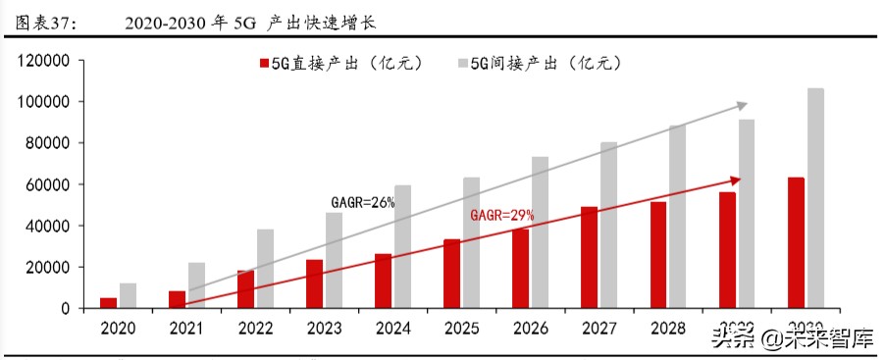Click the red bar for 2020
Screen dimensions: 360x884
coord(108,302)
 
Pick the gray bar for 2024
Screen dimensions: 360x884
coord(403,246)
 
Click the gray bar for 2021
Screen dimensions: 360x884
coord(197,284)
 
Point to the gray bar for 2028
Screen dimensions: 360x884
coord(678,216)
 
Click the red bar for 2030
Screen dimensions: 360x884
coord(795,242)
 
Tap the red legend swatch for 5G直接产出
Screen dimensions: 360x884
coord(263,64)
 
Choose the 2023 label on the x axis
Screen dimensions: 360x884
coord(324,327)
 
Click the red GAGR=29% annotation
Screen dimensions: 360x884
coord(502,214)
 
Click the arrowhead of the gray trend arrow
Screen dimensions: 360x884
coord(743,104)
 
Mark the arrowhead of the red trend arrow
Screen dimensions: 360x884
coord(735,180)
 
